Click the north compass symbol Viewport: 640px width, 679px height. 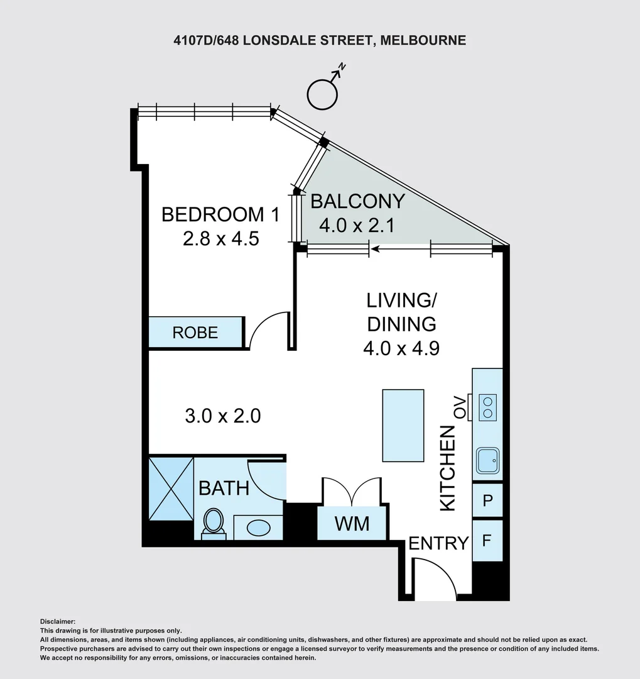pyautogui.click(x=322, y=94)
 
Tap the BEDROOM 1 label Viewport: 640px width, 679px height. pyautogui.click(x=220, y=214)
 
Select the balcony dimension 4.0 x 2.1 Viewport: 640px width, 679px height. pyautogui.click(x=357, y=226)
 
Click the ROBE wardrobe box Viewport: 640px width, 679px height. pyautogui.click(x=195, y=332)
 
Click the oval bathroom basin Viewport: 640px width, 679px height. pyautogui.click(x=258, y=528)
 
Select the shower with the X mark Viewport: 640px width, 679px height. pyautogui.click(x=171, y=488)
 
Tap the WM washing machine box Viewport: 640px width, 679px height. pyautogui.click(x=352, y=524)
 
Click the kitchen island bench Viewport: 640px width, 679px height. pyautogui.click(x=403, y=425)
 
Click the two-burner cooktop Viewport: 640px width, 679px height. pyautogui.click(x=487, y=407)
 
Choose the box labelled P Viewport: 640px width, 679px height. pyautogui.click(x=487, y=500)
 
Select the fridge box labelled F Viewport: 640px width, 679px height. pyautogui.click(x=487, y=541)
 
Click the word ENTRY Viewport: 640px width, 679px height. pyautogui.click(x=438, y=543)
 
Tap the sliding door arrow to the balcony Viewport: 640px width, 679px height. pyautogui.click(x=400, y=249)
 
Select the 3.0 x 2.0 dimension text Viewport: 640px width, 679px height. pyautogui.click(x=223, y=416)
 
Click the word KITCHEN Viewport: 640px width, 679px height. pyautogui.click(x=448, y=468)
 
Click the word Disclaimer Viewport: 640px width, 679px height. pyautogui.click(x=58, y=622)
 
